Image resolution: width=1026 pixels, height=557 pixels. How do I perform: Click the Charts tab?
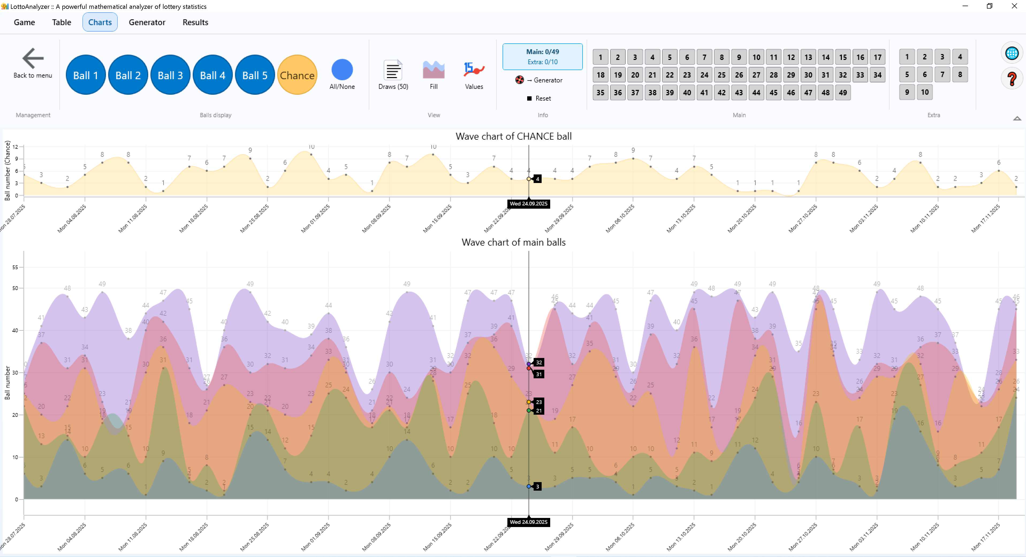(100, 22)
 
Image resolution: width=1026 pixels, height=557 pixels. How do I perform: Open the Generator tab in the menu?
(147, 22)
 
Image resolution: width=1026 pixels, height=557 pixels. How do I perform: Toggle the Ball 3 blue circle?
(170, 75)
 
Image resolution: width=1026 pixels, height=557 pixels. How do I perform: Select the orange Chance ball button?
(297, 75)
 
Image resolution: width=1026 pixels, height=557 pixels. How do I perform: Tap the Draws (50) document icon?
(393, 70)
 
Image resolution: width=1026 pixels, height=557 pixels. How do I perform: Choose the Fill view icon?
(433, 70)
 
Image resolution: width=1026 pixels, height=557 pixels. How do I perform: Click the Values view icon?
(474, 70)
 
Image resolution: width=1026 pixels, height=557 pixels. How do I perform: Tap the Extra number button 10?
(924, 92)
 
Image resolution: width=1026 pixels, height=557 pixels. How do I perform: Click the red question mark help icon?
(1012, 79)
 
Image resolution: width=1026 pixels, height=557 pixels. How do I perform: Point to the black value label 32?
(538, 362)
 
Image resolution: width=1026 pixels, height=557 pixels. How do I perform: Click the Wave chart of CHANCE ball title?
(513, 136)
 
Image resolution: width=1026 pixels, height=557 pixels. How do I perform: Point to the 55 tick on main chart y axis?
(15, 267)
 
